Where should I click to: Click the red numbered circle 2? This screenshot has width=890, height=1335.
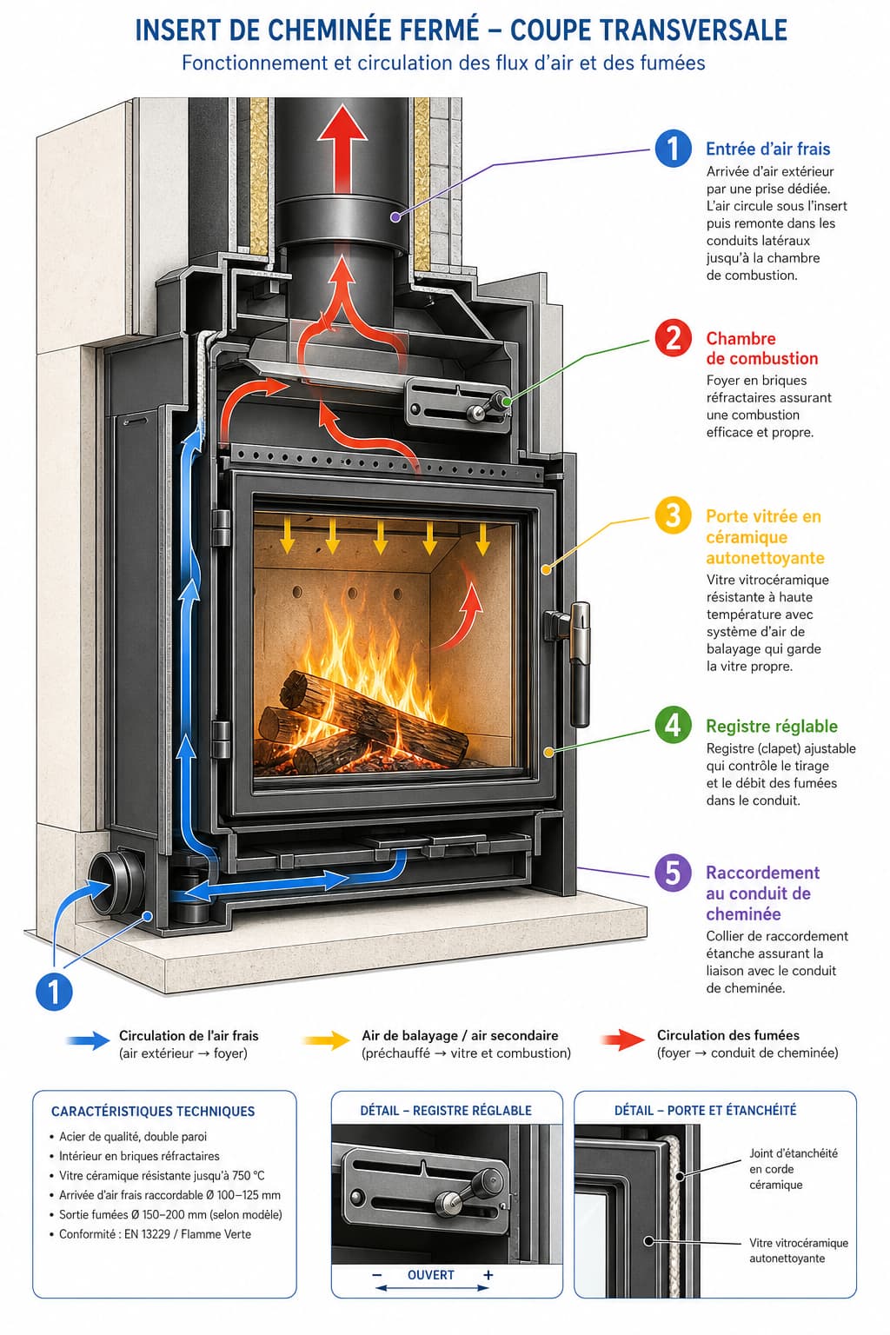pyautogui.click(x=673, y=338)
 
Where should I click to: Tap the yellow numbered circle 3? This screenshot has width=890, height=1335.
pyautogui.click(x=673, y=515)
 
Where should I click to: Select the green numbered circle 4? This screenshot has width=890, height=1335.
pyautogui.click(x=673, y=726)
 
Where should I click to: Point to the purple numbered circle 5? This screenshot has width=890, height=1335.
pyautogui.click(x=673, y=873)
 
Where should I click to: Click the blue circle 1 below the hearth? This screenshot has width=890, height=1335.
pyautogui.click(x=54, y=992)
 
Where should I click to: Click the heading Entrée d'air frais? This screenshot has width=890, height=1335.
pyautogui.click(x=767, y=149)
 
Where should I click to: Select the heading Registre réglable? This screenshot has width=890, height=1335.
pyautogui.click(x=772, y=726)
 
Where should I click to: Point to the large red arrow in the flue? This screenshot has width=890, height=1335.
pyautogui.click(x=342, y=149)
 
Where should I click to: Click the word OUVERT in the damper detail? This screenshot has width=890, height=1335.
pyautogui.click(x=430, y=1275)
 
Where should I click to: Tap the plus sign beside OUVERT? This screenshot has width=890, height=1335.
pyautogui.click(x=488, y=1275)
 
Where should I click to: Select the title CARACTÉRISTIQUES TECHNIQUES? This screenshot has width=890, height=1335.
pyautogui.click(x=153, y=1111)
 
